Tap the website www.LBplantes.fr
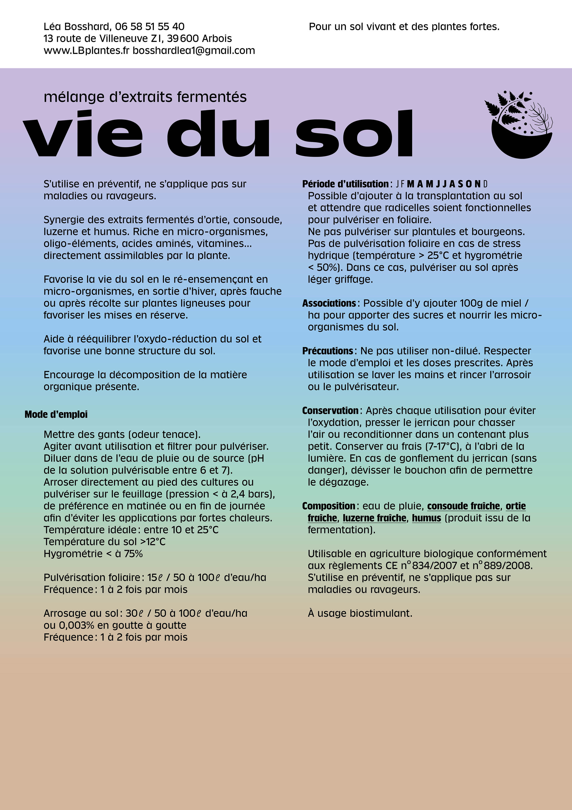pos(86,50)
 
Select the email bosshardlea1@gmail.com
pos(194,50)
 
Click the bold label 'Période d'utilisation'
pos(345,184)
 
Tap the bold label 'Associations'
pos(329,303)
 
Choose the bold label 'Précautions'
pos(328,351)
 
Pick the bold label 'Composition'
pos(328,506)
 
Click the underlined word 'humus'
pos(426,518)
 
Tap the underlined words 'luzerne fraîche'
pos(374,518)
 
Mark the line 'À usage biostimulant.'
pos(360,613)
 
